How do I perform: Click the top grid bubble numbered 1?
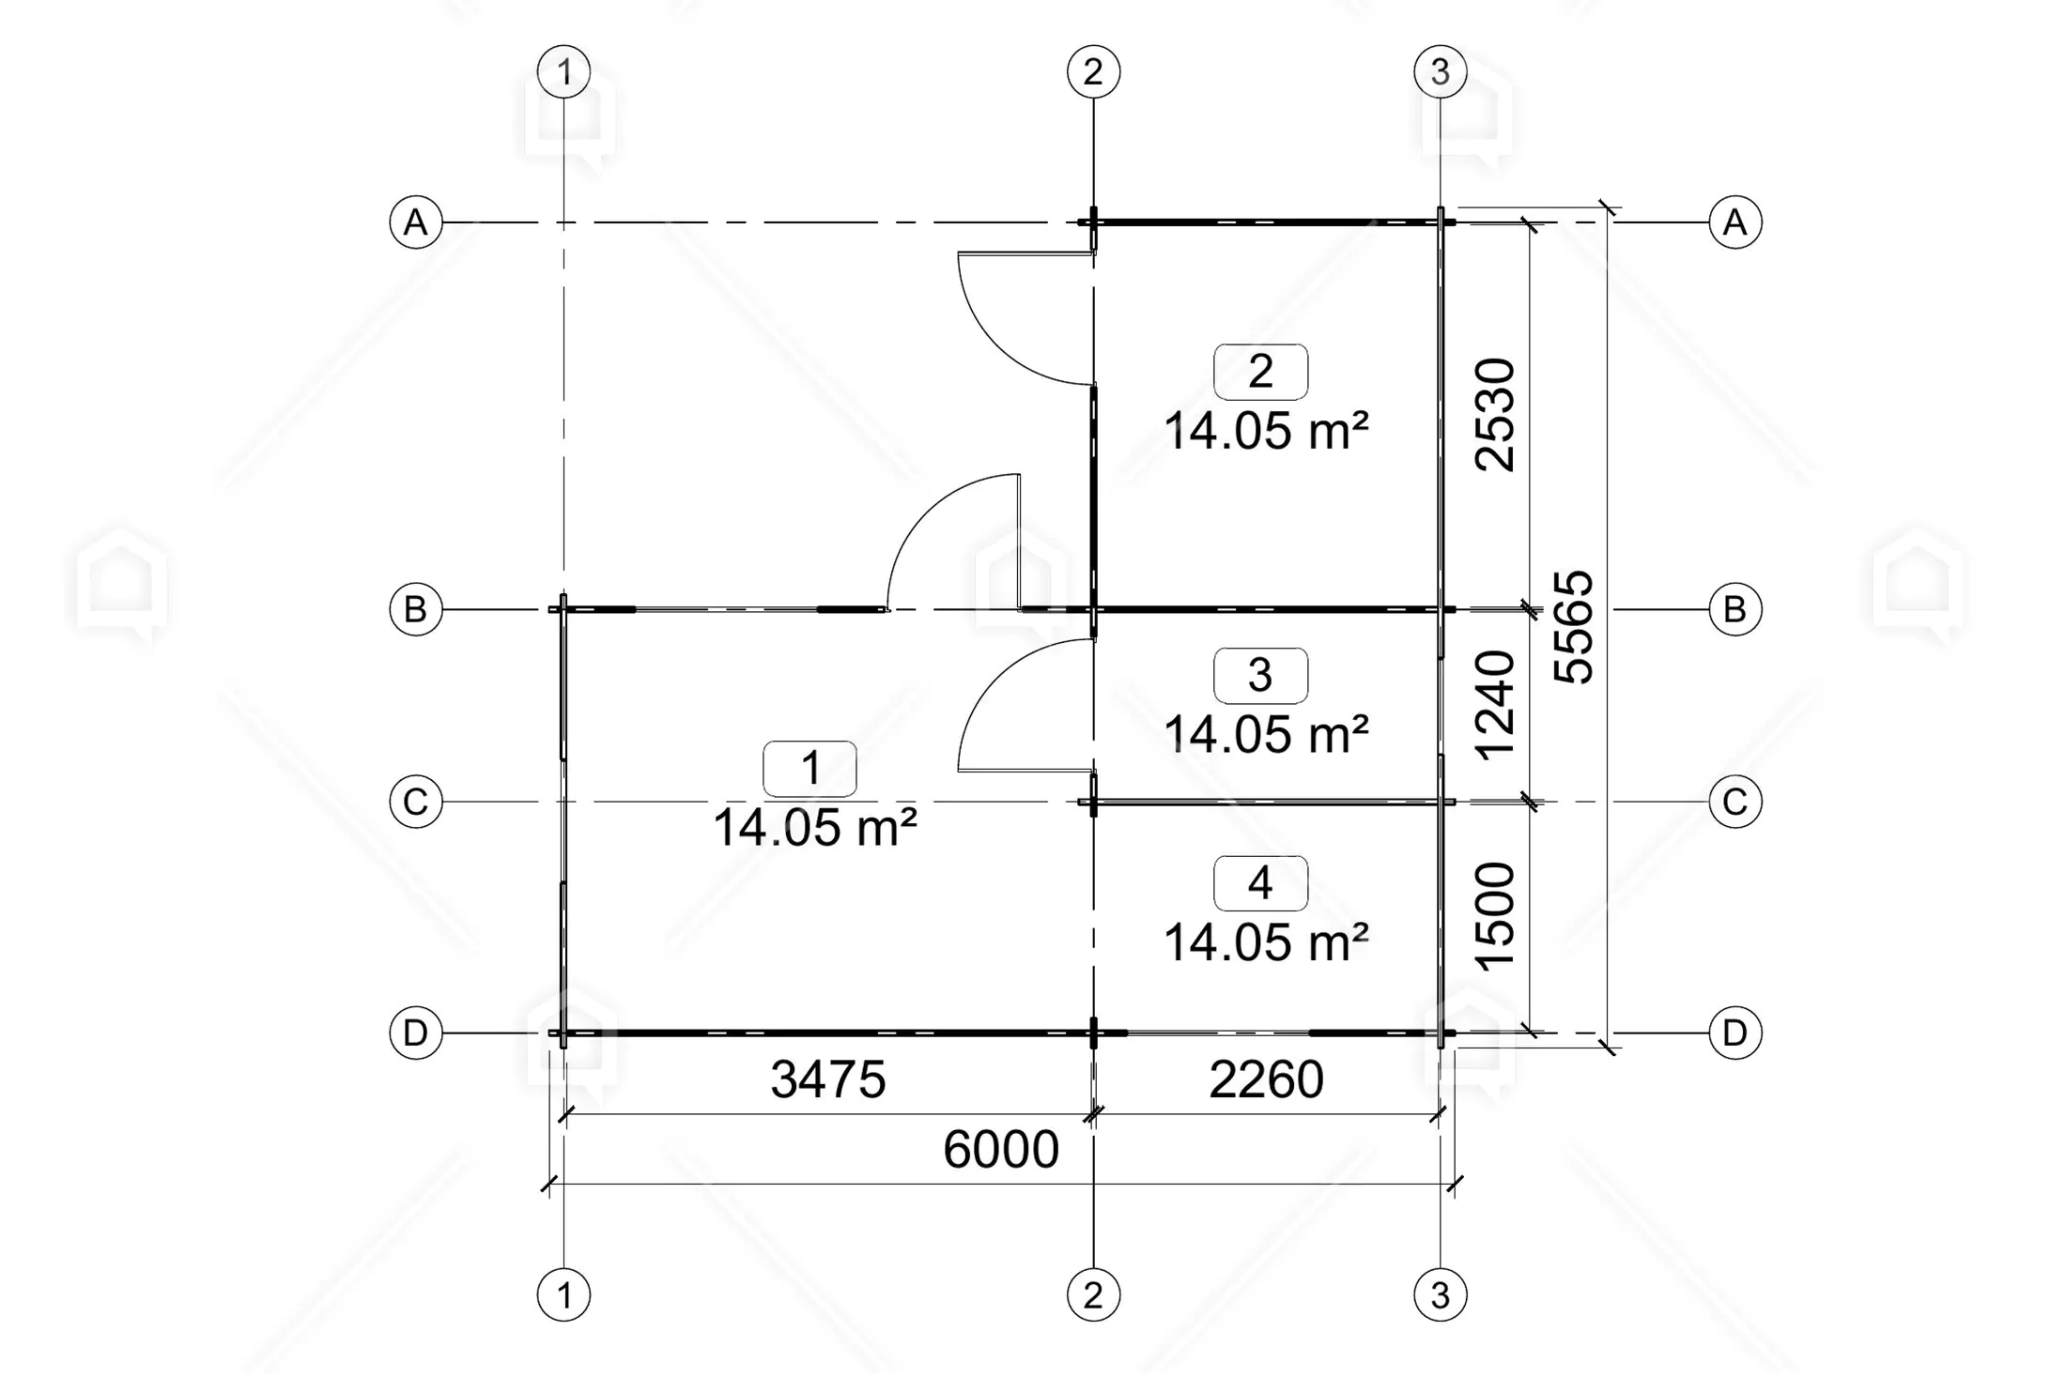click(563, 71)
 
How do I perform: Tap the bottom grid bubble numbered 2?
click(1093, 1295)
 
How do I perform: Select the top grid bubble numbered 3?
click(1441, 71)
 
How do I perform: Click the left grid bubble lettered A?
click(416, 222)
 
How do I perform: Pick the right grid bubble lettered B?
click(1735, 609)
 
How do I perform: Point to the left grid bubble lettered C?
click(416, 802)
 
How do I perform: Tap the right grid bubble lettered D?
click(1735, 1033)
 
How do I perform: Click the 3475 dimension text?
click(827, 1079)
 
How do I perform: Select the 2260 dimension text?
click(1266, 1079)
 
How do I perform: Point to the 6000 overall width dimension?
click(1001, 1150)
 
